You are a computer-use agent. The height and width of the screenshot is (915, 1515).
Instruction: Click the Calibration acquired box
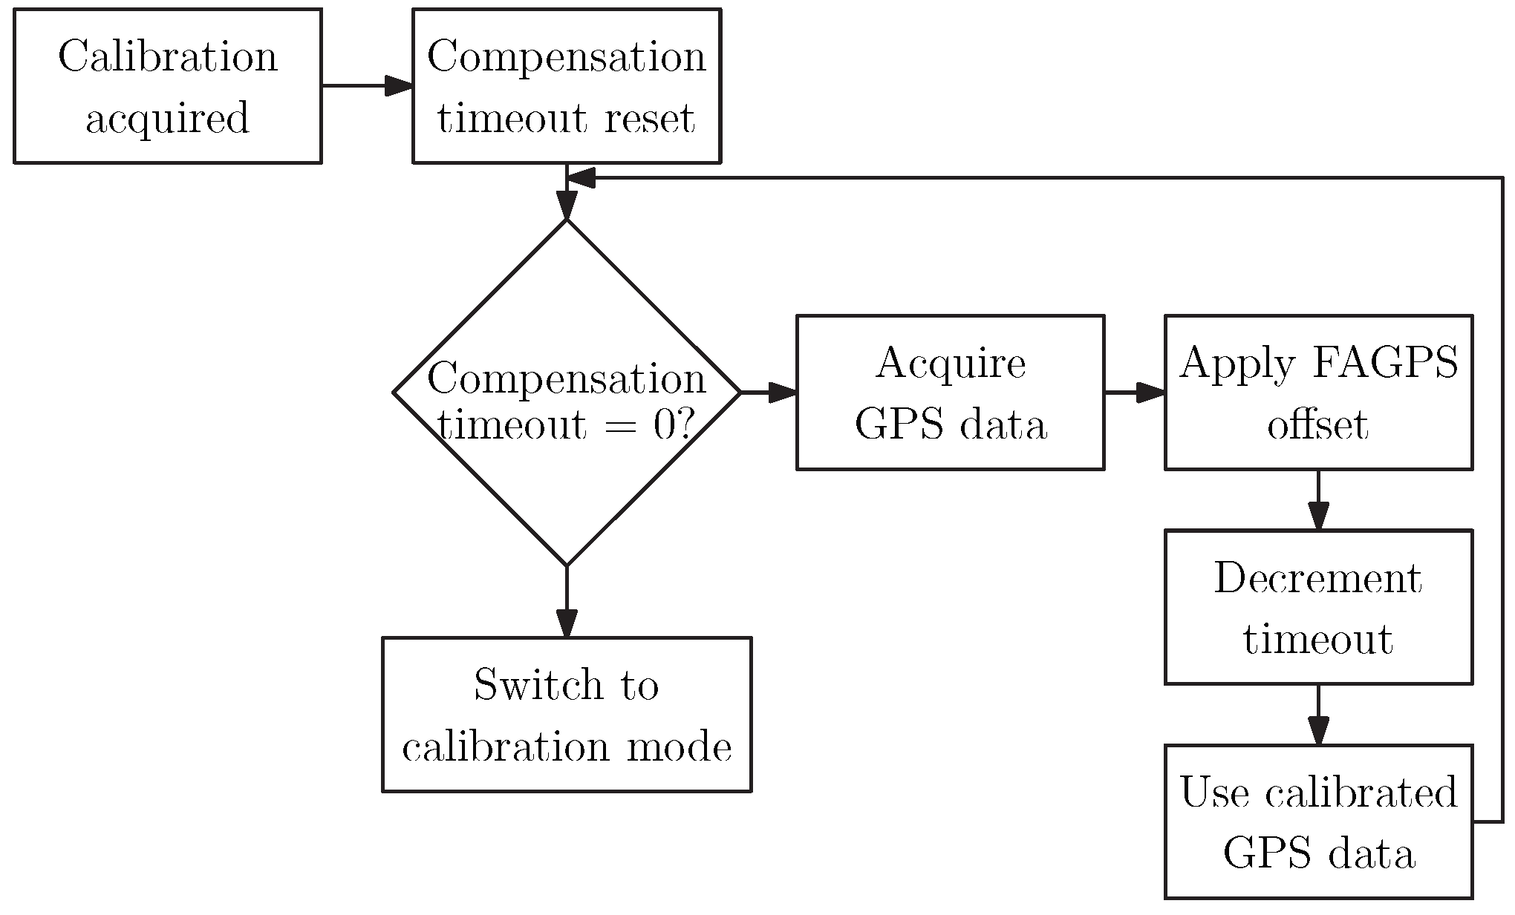tap(167, 86)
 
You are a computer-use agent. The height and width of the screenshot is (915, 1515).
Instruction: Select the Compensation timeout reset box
tap(566, 86)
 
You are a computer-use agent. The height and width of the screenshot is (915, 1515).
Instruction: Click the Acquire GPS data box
tap(950, 393)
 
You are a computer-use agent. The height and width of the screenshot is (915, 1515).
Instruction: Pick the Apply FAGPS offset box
tap(1318, 393)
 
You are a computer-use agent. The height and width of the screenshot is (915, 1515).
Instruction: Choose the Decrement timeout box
tap(1318, 607)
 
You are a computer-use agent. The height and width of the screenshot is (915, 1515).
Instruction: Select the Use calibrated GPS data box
tap(1318, 822)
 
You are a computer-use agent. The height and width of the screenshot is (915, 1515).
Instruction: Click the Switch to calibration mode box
tap(566, 715)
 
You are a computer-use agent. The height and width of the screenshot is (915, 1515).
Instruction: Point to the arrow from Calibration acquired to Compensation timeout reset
tap(367, 86)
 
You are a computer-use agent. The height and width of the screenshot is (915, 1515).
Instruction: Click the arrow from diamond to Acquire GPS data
tap(768, 393)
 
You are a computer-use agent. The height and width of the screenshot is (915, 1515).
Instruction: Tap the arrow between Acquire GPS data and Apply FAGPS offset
tap(1134, 393)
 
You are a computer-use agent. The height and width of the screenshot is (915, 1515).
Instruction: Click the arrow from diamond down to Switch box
tap(566, 601)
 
